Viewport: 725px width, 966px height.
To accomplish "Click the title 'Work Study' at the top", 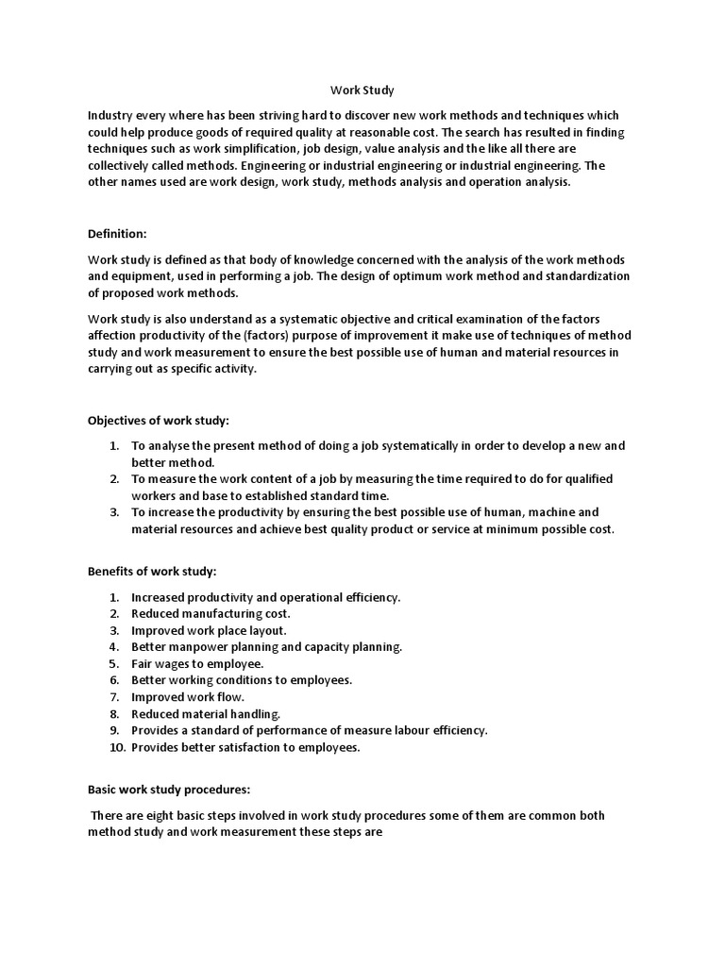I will point(362,92).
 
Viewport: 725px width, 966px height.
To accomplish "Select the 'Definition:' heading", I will point(118,233).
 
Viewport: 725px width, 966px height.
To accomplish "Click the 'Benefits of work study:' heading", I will point(152,572).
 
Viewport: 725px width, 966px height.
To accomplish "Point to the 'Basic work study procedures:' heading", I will point(168,789).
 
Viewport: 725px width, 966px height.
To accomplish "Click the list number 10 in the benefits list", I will point(114,748).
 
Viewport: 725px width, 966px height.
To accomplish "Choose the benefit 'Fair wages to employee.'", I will point(197,663).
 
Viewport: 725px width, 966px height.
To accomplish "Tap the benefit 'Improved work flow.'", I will point(188,697).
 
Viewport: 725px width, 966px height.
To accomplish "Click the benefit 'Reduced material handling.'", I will point(206,714).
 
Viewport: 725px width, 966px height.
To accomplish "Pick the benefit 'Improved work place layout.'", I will point(209,630).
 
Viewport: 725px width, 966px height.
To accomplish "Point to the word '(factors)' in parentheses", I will point(273,337).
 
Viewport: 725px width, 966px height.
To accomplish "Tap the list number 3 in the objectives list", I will point(114,512).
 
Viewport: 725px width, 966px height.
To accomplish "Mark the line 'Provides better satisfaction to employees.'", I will point(245,748).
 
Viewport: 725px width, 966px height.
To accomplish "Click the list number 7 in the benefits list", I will point(114,697).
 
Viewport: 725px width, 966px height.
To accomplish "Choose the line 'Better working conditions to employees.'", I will point(242,680).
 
